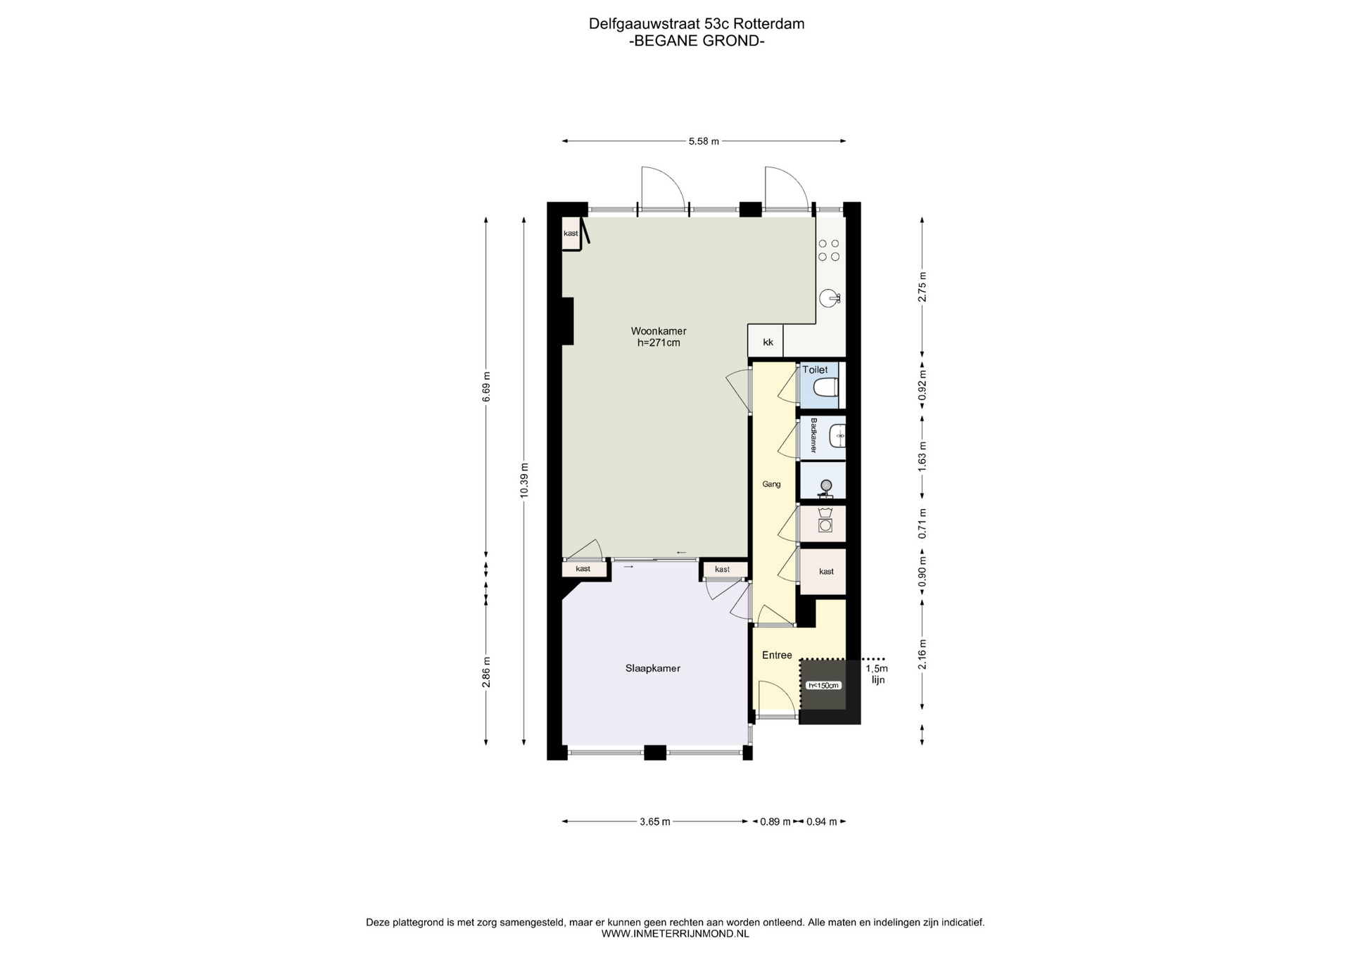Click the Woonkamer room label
(659, 331)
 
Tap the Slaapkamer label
(653, 669)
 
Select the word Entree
(777, 655)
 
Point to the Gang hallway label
(772, 485)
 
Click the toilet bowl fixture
(825, 387)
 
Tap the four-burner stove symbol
(829, 250)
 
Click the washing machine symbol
(825, 525)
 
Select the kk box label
(768, 342)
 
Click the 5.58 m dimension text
(704, 141)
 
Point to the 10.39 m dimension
(524, 480)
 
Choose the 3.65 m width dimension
(654, 821)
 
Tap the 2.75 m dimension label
(922, 286)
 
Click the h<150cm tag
(824, 686)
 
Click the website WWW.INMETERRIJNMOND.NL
(675, 934)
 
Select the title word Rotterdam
(773, 24)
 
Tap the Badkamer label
(813, 435)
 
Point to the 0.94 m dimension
(821, 821)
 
